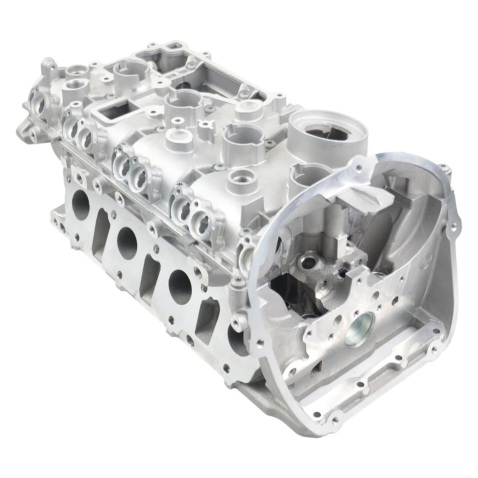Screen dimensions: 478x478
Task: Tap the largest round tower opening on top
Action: coord(328,131)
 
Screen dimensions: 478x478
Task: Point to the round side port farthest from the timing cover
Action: coord(80,202)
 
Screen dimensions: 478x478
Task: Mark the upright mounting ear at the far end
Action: coord(48,65)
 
